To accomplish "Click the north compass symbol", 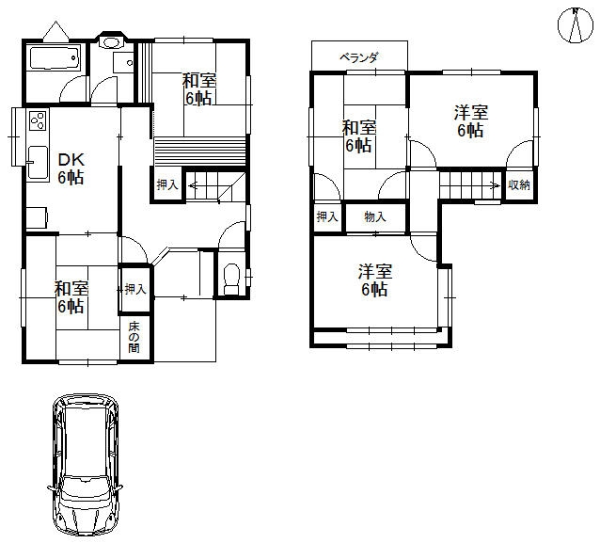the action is pyautogui.click(x=575, y=25).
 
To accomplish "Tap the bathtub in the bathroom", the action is pyautogui.click(x=55, y=57).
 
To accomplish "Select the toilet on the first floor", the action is pyautogui.click(x=231, y=279).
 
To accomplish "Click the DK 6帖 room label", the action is pyautogui.click(x=71, y=168).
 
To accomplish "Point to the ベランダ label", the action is pyautogui.click(x=359, y=57).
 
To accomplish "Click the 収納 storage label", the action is pyautogui.click(x=519, y=185).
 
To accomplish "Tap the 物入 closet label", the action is pyautogui.click(x=375, y=217).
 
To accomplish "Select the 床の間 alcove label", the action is pyautogui.click(x=134, y=337).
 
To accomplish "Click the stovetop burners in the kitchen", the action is pyautogui.click(x=38, y=120).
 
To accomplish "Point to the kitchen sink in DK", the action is pyautogui.click(x=38, y=163).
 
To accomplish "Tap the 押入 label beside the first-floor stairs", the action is pyautogui.click(x=167, y=185).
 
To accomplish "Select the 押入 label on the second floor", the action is pyautogui.click(x=327, y=217).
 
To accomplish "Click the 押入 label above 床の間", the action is pyautogui.click(x=135, y=289).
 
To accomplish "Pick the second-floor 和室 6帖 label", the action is pyautogui.click(x=358, y=136).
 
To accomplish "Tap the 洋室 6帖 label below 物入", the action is pyautogui.click(x=375, y=280).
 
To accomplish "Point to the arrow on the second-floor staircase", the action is pyautogui.click(x=496, y=186).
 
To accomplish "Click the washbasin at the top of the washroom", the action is pyautogui.click(x=111, y=41).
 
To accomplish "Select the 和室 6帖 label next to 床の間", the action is pyautogui.click(x=71, y=297).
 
